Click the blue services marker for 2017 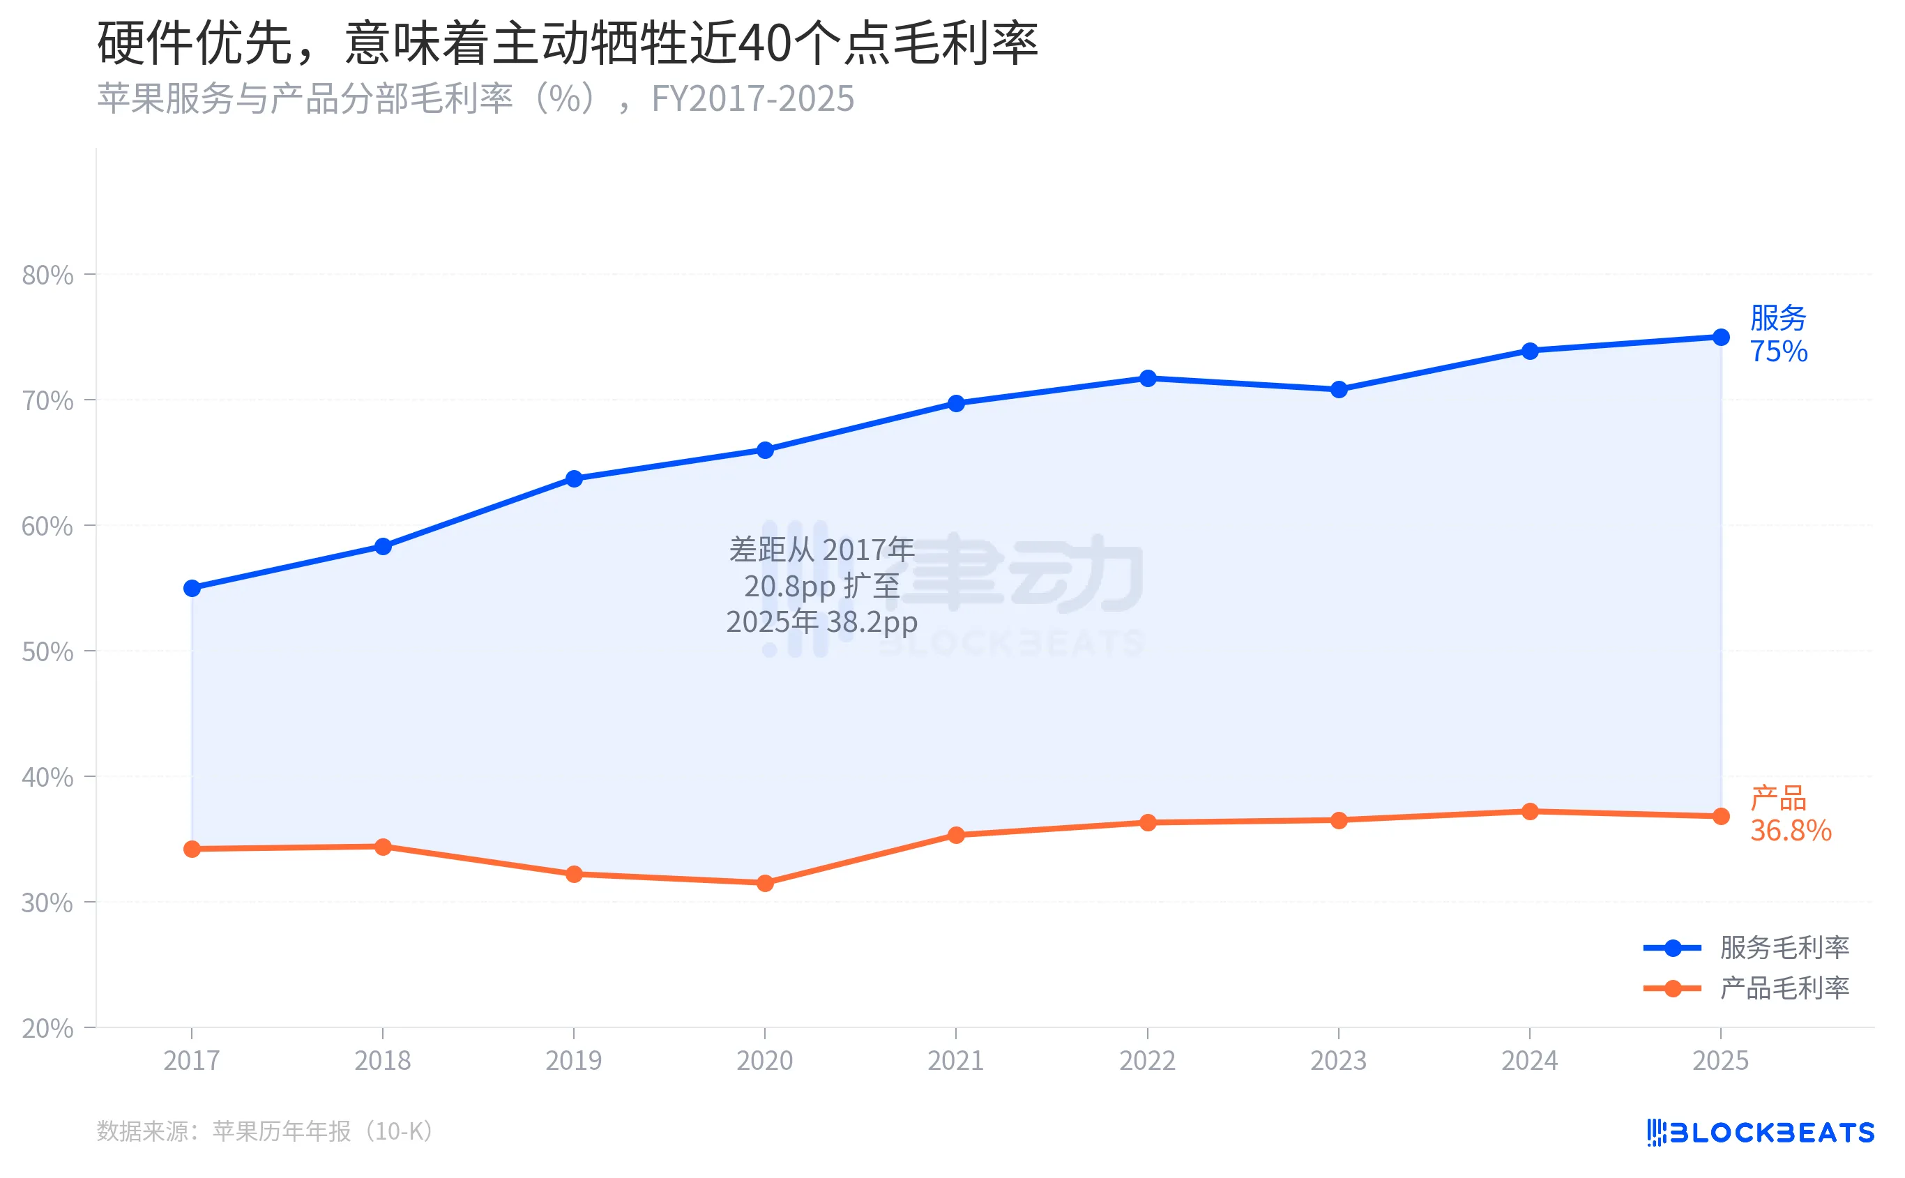[x=192, y=588]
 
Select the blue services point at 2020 [x=765, y=451]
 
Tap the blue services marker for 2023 [x=1339, y=390]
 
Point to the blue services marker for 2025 [x=1721, y=338]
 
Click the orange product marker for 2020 [x=765, y=884]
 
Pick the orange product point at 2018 [x=382, y=847]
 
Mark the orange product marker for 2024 [x=1530, y=812]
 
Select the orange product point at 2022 [x=1147, y=823]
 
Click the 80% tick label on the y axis [x=47, y=275]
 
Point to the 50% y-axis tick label [x=47, y=651]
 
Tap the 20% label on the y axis [x=47, y=1029]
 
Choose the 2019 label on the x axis [x=573, y=1060]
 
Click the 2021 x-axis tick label [x=955, y=1060]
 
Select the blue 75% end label [x=1779, y=352]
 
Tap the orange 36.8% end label [x=1791, y=831]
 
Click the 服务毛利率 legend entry [x=1784, y=947]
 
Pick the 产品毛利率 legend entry [x=1784, y=988]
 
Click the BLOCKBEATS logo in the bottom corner [x=1760, y=1132]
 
